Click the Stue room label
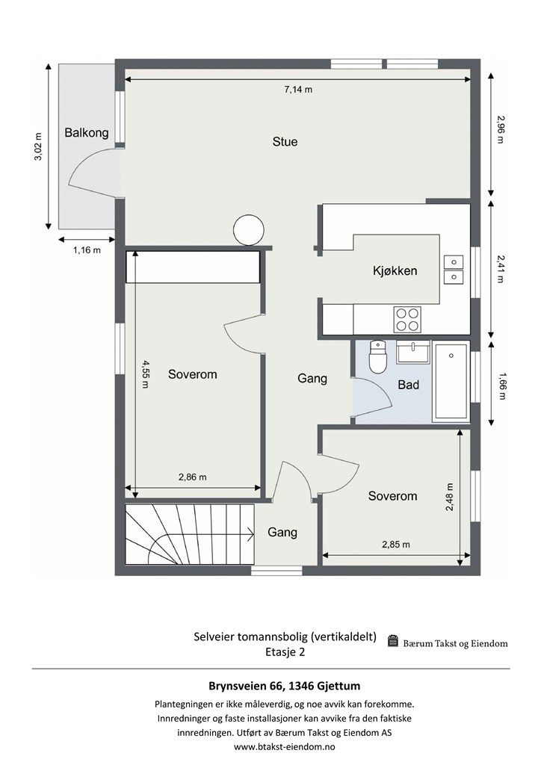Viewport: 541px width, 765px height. (285, 141)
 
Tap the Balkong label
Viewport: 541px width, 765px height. (87, 133)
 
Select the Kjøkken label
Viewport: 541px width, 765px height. (395, 270)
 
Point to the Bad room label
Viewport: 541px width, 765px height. (408, 385)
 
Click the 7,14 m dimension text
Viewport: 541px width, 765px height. (298, 90)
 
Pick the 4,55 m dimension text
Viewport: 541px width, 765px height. (146, 374)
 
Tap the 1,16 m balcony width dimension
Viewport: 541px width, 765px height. (87, 250)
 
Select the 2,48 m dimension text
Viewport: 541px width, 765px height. (449, 497)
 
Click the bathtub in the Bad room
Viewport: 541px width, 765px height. (451, 382)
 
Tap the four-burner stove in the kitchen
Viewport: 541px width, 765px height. (407, 320)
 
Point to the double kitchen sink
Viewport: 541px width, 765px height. (454, 270)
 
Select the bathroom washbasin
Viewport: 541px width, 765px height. (414, 353)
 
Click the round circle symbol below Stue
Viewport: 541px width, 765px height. (249, 230)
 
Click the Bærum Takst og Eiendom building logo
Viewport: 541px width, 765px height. (393, 640)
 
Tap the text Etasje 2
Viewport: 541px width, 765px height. (285, 651)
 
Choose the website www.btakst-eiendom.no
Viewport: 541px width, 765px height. (285, 746)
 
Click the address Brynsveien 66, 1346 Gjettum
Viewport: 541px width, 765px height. (285, 686)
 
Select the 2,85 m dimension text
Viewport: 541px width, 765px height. (395, 545)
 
